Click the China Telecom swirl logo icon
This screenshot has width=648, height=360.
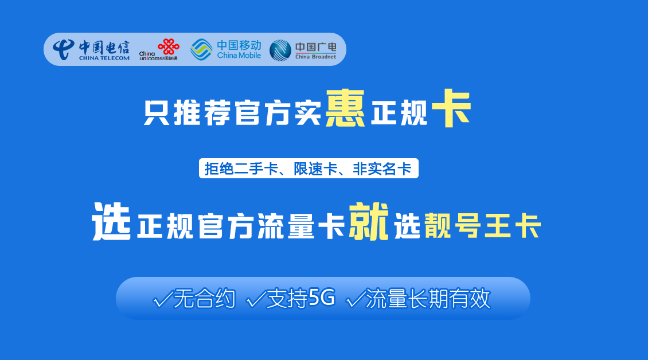[x=64, y=50]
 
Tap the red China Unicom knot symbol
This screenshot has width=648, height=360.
[x=169, y=46]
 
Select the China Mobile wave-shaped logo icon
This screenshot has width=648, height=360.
[x=201, y=50]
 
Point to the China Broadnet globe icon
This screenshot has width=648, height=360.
[x=280, y=50]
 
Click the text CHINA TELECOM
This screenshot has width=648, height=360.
[x=104, y=58]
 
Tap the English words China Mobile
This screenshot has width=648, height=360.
[x=239, y=56]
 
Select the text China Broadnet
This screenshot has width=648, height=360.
[x=315, y=57]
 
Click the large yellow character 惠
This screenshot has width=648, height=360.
[x=345, y=108]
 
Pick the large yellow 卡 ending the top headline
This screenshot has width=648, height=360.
[x=451, y=108]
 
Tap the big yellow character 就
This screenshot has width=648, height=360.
[x=369, y=221]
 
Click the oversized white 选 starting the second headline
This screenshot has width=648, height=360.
[x=111, y=221]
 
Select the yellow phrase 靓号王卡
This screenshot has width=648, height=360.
[x=483, y=226]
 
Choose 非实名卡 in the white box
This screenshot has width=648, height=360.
[x=382, y=169]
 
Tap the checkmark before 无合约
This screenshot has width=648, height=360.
[x=162, y=299]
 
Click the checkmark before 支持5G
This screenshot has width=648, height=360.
[x=256, y=299]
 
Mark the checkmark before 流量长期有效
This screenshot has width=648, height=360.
[x=356, y=299]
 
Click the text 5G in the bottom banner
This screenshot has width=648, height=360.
[x=322, y=298]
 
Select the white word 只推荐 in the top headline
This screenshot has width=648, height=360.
[x=187, y=113]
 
